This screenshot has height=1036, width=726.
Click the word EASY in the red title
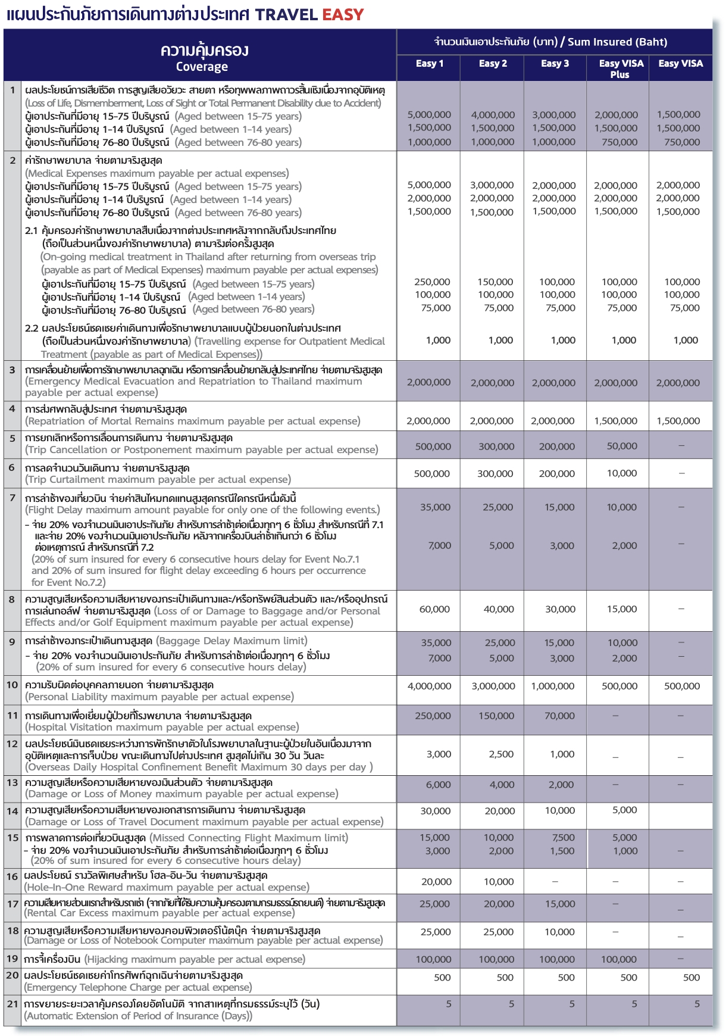(x=343, y=14)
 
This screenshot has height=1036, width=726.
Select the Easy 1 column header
(x=429, y=64)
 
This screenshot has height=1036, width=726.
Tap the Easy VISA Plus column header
(x=621, y=68)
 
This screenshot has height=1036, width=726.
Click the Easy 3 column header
(x=555, y=64)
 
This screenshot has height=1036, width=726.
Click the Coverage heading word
(x=202, y=67)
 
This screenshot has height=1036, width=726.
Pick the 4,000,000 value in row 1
(x=492, y=114)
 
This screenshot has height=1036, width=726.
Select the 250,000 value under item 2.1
(x=432, y=282)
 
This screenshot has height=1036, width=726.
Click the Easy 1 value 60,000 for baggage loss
(x=434, y=609)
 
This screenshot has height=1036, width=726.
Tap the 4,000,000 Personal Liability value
(x=429, y=686)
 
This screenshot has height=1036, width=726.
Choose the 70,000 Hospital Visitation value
(x=559, y=716)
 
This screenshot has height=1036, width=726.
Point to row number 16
(x=12, y=876)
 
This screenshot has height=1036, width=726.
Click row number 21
(x=12, y=1004)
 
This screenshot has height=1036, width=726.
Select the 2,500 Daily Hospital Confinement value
(x=501, y=754)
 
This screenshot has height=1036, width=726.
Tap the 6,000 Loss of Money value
(x=438, y=785)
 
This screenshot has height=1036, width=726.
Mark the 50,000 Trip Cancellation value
(x=622, y=446)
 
